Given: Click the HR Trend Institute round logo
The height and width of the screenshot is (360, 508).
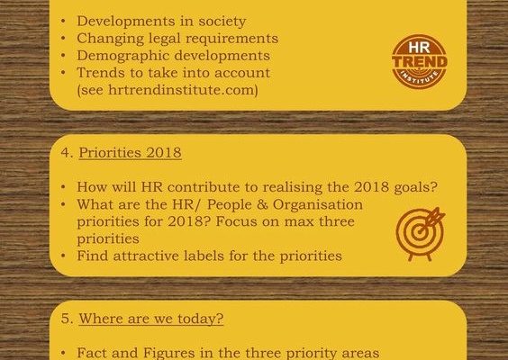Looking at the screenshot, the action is [420, 61].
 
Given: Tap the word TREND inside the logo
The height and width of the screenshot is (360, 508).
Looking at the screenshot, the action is [420, 62].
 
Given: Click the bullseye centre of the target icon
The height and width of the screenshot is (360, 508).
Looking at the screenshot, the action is [420, 232].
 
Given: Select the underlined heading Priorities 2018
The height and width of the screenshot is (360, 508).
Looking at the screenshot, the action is [130, 152].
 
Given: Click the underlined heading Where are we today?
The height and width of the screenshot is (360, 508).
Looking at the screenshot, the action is [151, 319].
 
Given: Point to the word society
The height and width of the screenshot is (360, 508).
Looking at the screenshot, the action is [222, 22].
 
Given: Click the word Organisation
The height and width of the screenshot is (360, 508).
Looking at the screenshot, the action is [317, 204].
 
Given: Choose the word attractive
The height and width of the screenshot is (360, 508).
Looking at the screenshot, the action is [146, 256].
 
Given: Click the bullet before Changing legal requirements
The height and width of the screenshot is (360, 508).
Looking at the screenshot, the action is [63, 39].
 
